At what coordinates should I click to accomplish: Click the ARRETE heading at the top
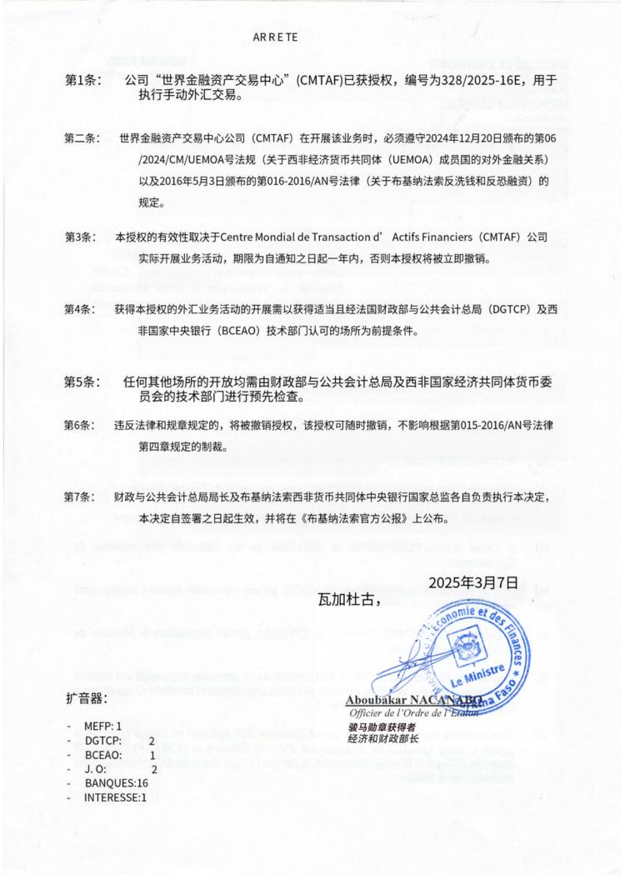[x=275, y=37]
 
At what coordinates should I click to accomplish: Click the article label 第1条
[x=82, y=80]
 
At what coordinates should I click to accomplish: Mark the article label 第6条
[x=81, y=425]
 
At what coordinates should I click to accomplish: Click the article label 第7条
[x=81, y=497]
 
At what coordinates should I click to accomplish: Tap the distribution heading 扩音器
[x=86, y=697]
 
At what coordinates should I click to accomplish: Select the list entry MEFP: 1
[x=102, y=727]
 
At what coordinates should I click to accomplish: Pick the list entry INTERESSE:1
[x=115, y=797]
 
